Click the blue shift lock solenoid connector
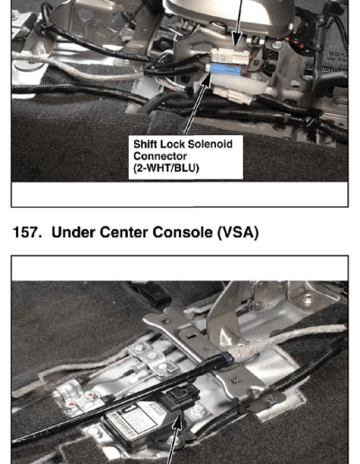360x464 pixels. tap(226, 70)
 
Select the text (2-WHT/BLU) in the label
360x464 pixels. tap(166, 168)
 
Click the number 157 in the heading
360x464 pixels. tap(27, 232)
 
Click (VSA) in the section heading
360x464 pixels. tap(238, 233)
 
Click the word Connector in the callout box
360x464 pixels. tap(160, 156)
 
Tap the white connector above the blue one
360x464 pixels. tap(230, 57)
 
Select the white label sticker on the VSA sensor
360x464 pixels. tap(131, 418)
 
